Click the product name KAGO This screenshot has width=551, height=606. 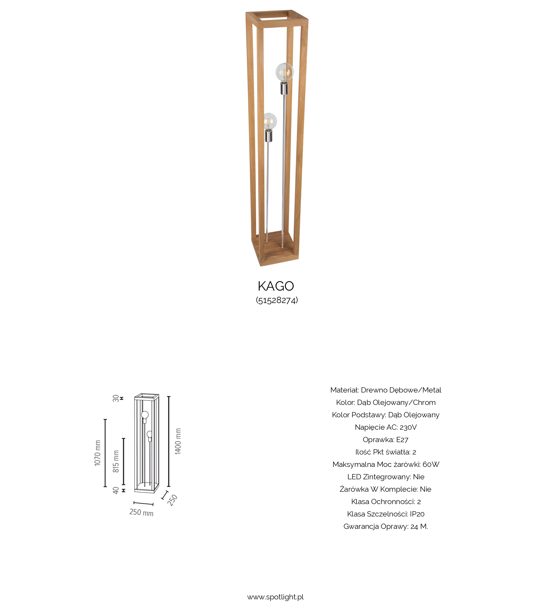pos(276,286)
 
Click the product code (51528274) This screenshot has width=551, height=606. pos(277,300)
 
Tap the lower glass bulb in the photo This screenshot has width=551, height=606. pos(270,121)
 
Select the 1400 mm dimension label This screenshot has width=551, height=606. pos(178,441)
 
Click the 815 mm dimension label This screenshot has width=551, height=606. pos(116,461)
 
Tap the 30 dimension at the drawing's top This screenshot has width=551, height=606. pos(116,398)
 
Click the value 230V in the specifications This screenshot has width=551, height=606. pos(408,427)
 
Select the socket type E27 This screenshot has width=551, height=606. pos(402,439)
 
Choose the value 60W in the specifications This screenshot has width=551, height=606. pos(431,464)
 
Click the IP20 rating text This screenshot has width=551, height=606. pos(417,514)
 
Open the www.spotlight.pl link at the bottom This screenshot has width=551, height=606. pos(275,597)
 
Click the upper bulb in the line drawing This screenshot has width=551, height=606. pos(145,415)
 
